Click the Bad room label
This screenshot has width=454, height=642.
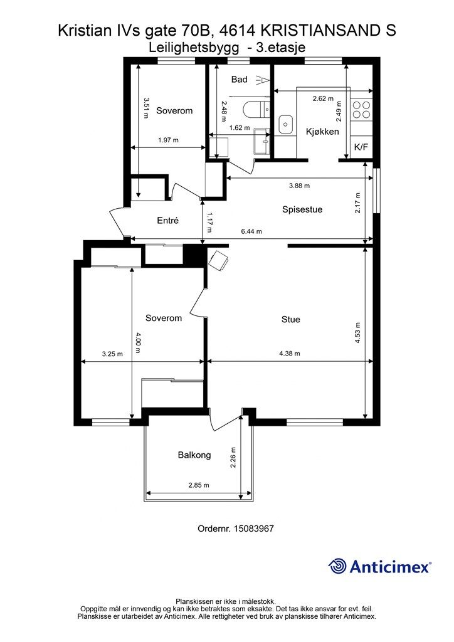[239, 79]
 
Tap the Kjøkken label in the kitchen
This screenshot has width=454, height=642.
[322, 132]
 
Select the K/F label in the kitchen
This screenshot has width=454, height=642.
[361, 147]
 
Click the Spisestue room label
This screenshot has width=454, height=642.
[302, 209]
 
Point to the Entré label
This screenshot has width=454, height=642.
[168, 220]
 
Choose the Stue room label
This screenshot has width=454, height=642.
[291, 319]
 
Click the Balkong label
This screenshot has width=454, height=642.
[194, 455]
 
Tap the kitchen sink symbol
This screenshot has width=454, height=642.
[285, 124]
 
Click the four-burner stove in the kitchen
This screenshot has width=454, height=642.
[361, 110]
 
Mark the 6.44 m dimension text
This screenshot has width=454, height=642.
[251, 231]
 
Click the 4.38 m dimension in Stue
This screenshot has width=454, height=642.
[290, 354]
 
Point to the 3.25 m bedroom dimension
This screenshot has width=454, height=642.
[112, 354]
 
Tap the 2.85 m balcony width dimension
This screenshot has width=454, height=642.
[199, 485]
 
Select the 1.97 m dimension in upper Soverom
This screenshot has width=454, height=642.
[168, 140]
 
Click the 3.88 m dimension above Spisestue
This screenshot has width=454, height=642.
[299, 186]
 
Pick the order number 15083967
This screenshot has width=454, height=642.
[253, 529]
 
